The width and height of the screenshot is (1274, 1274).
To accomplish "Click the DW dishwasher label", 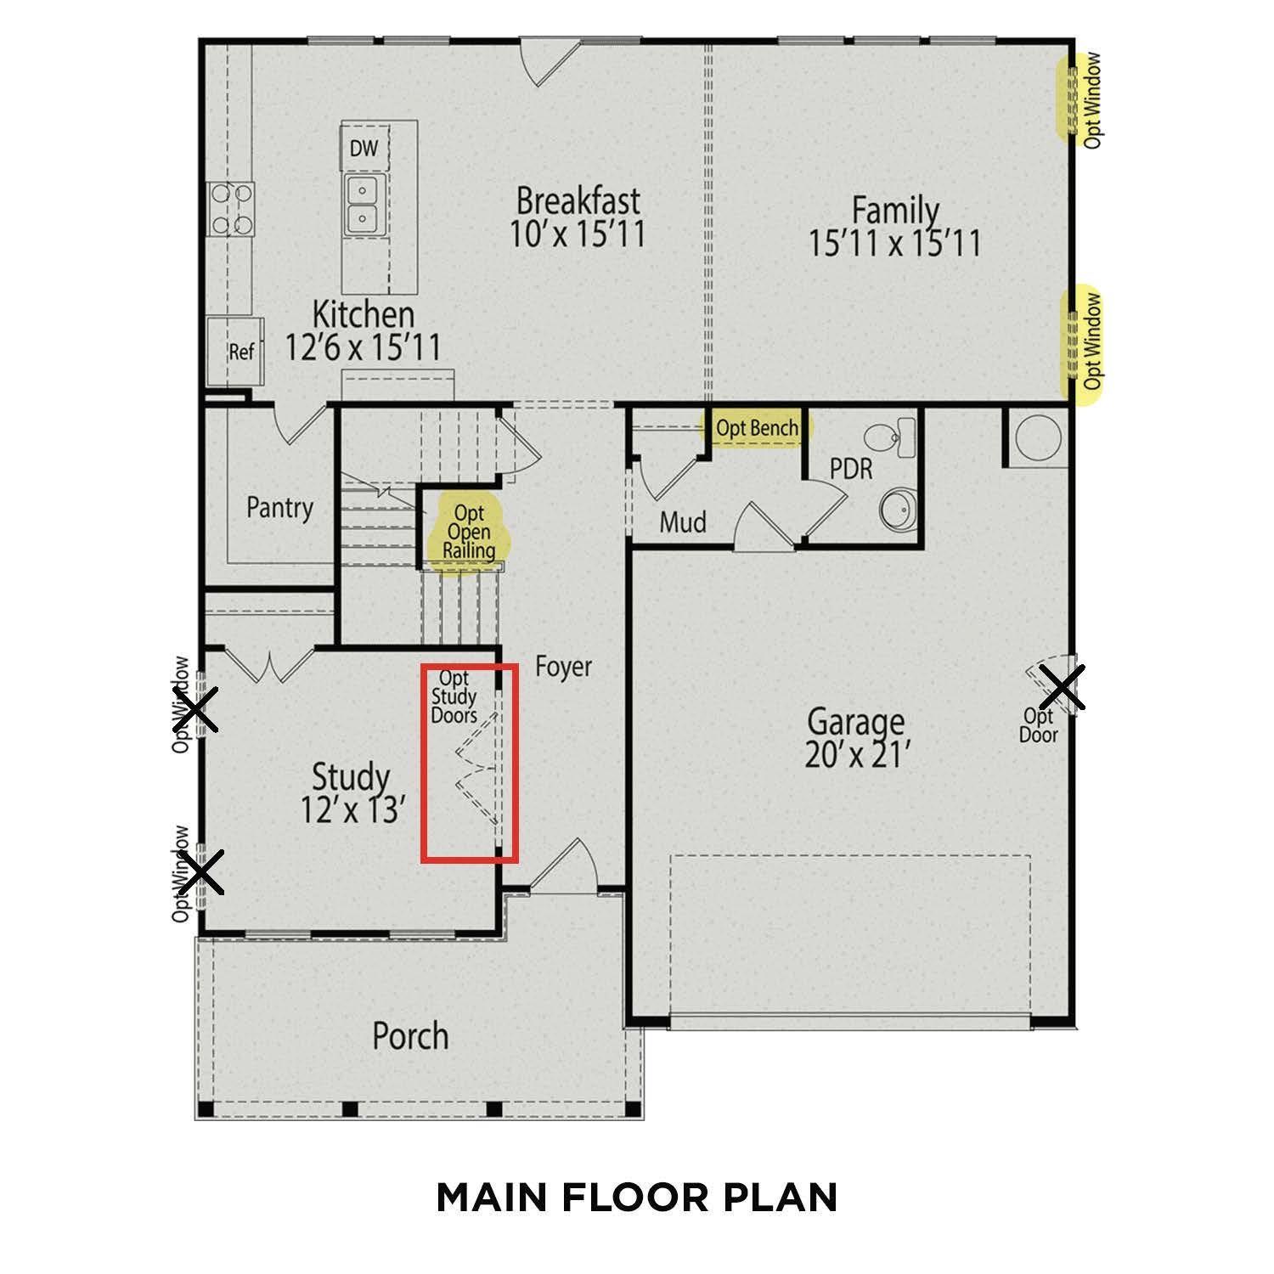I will [364, 149].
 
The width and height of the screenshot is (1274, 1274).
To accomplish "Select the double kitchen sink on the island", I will [364, 205].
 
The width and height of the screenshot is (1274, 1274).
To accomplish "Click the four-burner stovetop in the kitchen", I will [232, 209].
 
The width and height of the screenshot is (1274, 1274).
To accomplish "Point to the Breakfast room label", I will [578, 201].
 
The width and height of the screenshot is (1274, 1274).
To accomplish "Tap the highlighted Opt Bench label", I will [756, 428].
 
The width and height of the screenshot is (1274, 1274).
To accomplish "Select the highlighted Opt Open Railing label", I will [469, 533].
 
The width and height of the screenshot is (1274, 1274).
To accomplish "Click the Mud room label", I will [683, 521].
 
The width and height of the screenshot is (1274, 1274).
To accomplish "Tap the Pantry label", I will [279, 508].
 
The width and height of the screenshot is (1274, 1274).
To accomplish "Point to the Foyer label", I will [563, 667].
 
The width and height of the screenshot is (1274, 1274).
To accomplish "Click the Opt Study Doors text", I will [454, 697].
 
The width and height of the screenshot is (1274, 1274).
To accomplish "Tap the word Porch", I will [410, 1035].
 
